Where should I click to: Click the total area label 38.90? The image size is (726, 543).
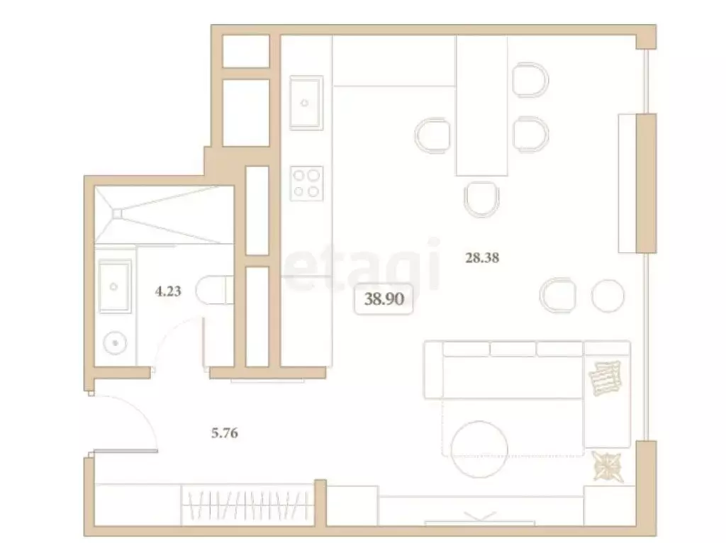[384, 298]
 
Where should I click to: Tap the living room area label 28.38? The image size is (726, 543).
[482, 258]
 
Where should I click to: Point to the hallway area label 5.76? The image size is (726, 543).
[224, 433]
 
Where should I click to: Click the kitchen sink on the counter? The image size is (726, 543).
[306, 103]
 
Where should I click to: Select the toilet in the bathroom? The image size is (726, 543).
[213, 291]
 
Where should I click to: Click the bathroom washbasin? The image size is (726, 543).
[113, 286]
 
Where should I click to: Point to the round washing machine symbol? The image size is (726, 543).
[114, 344]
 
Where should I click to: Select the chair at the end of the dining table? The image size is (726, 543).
[482, 199]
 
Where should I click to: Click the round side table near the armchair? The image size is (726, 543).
[608, 295]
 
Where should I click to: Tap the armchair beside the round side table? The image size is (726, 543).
[558, 294]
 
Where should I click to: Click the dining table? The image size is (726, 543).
[482, 106]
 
